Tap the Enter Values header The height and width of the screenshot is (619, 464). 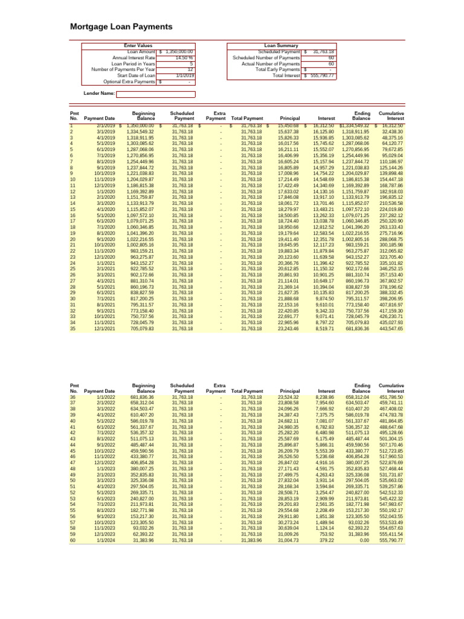tap(138, 45)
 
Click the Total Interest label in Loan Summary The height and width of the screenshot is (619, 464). tap(286, 76)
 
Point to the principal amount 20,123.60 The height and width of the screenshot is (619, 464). tap(288, 257)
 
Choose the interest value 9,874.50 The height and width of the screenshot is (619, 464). tap(326, 299)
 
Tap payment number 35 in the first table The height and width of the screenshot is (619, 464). tap(73, 329)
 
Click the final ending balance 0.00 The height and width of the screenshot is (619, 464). tap(362, 540)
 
